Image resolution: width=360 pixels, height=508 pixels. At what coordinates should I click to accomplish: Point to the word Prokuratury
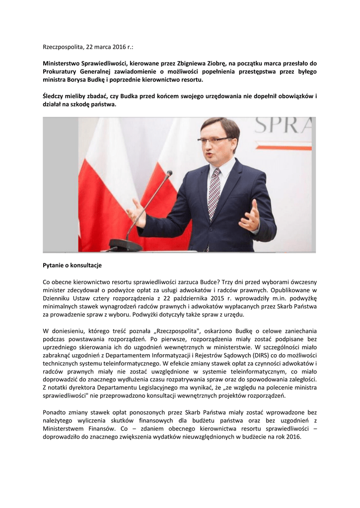[x=63, y=71]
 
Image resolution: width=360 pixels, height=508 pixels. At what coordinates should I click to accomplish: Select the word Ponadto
[x=55, y=412]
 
